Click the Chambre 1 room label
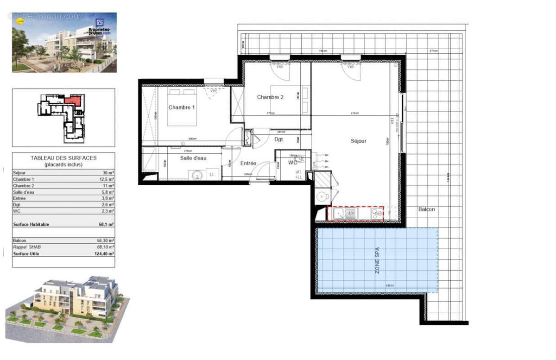click(x=182, y=107)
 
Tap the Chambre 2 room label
click(x=270, y=97)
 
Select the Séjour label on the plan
click(x=358, y=141)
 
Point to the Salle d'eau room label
click(x=193, y=158)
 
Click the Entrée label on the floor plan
click(x=248, y=163)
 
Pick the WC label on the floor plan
click(x=293, y=163)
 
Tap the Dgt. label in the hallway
click(x=279, y=139)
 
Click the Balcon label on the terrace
click(x=426, y=209)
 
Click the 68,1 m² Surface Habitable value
click(x=108, y=224)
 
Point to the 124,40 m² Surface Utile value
click(x=107, y=254)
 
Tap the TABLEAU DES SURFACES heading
click(x=63, y=158)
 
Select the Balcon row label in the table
click(x=19, y=241)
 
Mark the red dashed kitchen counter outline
click(x=355, y=214)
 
